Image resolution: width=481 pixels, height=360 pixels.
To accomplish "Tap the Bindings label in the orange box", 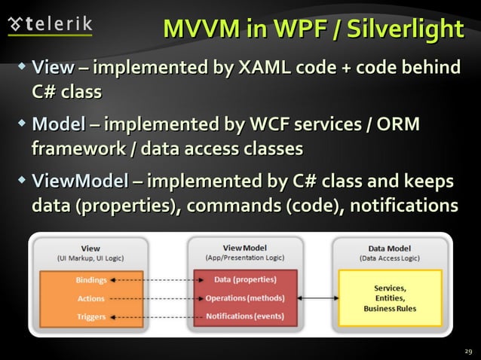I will pos(91,280).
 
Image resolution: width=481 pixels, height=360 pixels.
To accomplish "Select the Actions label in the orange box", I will pos(91,298).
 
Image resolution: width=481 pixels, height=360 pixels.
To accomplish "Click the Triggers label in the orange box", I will pos(91,316).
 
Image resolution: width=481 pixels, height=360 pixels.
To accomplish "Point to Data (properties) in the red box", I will pos(245,279).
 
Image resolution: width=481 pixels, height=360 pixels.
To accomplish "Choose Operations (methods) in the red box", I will pos(245,298).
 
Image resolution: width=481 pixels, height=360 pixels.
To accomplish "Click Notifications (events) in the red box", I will pos(245,316).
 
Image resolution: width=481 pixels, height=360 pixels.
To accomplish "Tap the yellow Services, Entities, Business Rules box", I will pos(390,298).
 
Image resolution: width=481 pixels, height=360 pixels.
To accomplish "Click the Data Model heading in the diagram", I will pos(390,247).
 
